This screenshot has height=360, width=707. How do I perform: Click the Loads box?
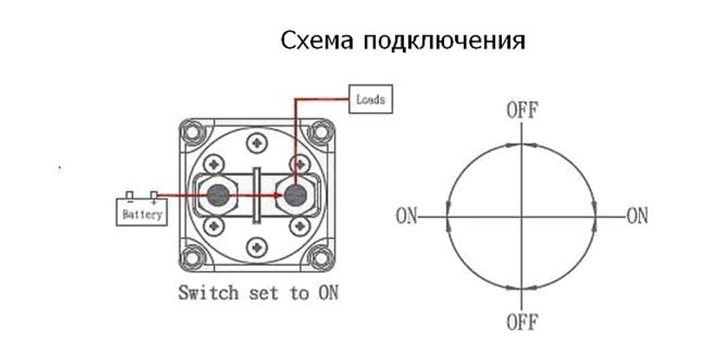(x=370, y=99)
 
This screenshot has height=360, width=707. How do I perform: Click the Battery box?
(x=142, y=212)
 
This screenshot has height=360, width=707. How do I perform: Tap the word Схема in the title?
(x=317, y=40)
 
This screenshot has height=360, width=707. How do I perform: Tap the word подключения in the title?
(x=444, y=41)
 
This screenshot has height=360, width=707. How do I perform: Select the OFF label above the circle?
(x=522, y=110)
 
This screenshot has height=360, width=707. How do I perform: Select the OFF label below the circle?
(x=522, y=323)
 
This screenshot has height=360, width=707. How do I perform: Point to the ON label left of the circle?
(x=407, y=216)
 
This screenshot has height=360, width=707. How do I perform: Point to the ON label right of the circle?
(x=637, y=216)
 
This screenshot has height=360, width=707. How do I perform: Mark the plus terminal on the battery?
(x=153, y=195)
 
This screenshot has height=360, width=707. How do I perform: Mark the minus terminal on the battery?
(x=129, y=195)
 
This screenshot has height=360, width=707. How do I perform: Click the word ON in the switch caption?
(x=325, y=291)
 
